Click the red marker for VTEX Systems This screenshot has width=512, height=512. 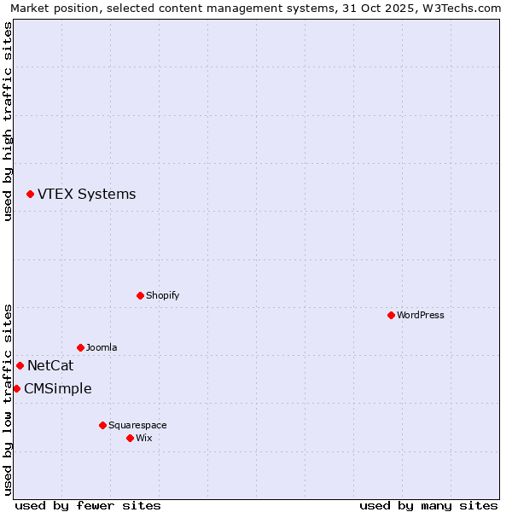[30, 195]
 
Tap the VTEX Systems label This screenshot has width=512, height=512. [86, 195]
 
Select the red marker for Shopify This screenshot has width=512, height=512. [140, 296]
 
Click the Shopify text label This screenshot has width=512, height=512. [162, 296]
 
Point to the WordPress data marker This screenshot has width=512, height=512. [391, 316]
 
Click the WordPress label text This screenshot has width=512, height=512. [420, 316]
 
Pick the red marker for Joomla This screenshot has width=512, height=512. [80, 348]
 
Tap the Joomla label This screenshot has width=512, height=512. [102, 348]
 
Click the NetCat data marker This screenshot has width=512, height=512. [20, 366]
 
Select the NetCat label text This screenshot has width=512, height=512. [50, 366]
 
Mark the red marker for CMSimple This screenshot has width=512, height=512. [16, 389]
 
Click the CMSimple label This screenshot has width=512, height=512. [57, 389]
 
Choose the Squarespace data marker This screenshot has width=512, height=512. [102, 425]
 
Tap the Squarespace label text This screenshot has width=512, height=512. [137, 425]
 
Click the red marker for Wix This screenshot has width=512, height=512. [130, 439]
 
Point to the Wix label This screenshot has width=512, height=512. [143, 439]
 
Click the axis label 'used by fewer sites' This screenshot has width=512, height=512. [88, 505]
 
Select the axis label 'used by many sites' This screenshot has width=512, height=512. [428, 505]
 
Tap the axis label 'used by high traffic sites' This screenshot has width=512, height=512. [8, 122]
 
